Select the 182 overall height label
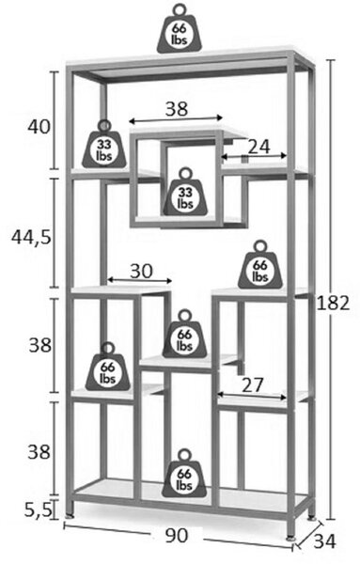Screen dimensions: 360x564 (333, 304)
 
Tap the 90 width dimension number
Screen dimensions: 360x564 (177, 536)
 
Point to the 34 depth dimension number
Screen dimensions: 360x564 (324, 541)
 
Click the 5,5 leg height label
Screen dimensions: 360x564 (39, 510)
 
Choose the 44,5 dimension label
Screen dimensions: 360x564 (32, 237)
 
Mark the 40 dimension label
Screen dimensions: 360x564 (39, 127)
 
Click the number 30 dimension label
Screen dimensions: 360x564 (141, 272)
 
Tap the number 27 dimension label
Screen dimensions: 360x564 (253, 385)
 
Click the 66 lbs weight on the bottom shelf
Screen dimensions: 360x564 (184, 474)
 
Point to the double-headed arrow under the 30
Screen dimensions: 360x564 (140, 280)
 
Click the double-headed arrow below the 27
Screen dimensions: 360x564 (252, 396)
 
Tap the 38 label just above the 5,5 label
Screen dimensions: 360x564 (39, 451)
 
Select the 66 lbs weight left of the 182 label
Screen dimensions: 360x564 (260, 265)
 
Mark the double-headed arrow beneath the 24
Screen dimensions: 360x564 (254, 156)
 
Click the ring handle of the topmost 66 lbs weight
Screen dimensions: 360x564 (180, 9)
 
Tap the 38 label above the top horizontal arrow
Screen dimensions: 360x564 (177, 108)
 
